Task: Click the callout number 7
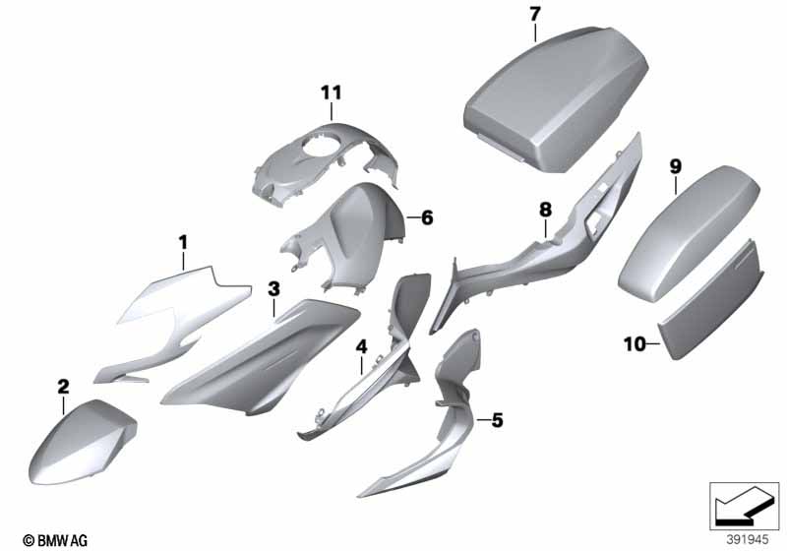pos(535,14)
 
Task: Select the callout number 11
pos(332,92)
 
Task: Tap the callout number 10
pos(635,344)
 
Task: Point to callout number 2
pos(63,387)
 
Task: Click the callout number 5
pos(497,420)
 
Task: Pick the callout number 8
pos(546,210)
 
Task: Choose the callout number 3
pos(273,288)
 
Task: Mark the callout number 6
pos(427,217)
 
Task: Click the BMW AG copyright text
pos(55,540)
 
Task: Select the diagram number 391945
pos(748,540)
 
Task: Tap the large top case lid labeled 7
pos(555,97)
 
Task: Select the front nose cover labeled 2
pos(83,442)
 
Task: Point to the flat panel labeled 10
pos(712,301)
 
